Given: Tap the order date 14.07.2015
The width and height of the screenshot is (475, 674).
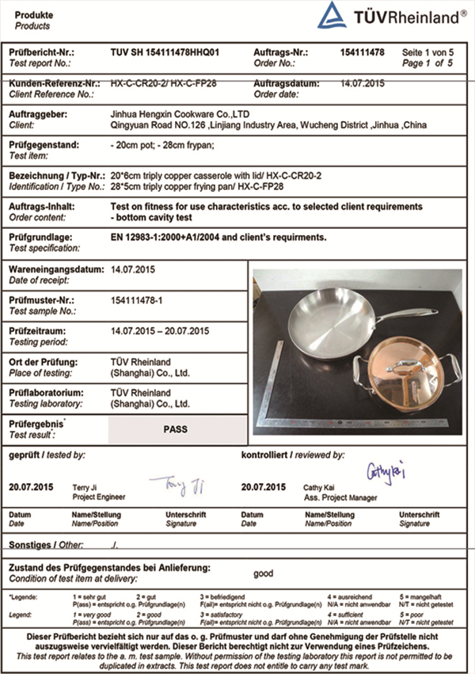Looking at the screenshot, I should [361, 83].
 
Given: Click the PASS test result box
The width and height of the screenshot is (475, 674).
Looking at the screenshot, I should [175, 429].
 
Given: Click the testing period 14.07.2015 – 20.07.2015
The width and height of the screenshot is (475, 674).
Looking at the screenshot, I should [161, 331].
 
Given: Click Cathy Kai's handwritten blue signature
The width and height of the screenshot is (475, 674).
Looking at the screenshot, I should [386, 473].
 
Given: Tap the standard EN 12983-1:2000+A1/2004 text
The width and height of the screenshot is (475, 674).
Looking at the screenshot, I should [218, 237].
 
